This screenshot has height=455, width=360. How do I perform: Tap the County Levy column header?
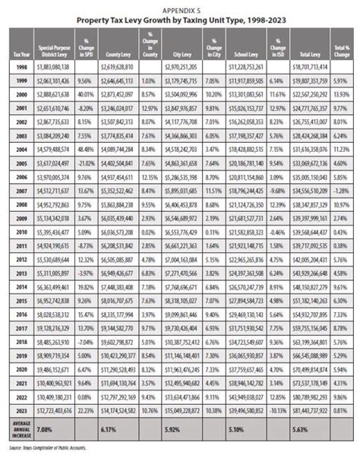(x=115, y=55)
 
